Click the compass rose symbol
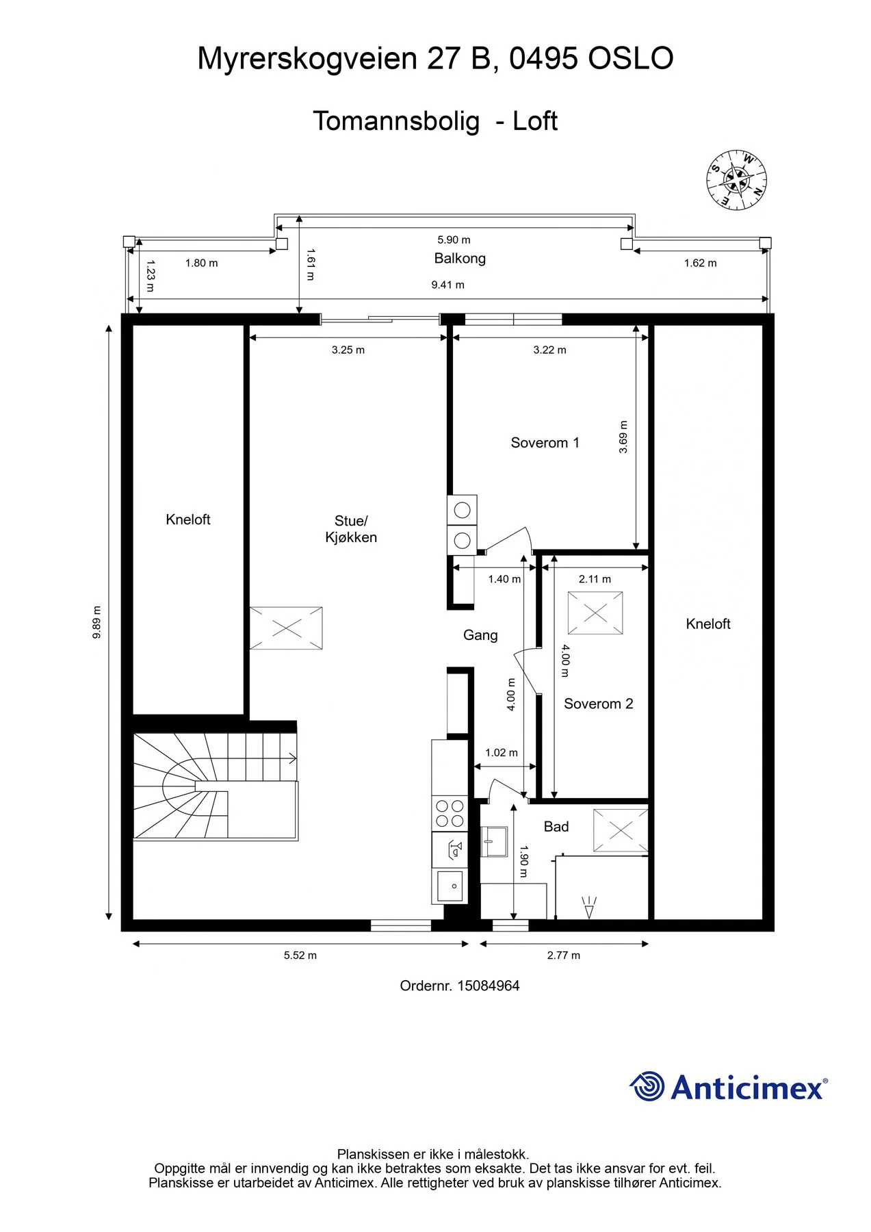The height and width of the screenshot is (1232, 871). (736, 180)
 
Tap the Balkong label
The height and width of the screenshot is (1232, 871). (460, 258)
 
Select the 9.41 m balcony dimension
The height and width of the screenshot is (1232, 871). (447, 285)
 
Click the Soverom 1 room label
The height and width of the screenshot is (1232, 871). (545, 443)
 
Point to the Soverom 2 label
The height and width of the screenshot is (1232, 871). (598, 704)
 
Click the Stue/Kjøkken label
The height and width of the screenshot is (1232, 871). (351, 529)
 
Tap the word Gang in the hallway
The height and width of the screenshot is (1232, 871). (480, 635)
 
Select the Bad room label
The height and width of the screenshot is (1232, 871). (556, 827)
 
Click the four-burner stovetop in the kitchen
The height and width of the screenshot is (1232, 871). (450, 813)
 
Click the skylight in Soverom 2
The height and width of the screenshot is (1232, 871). (595, 613)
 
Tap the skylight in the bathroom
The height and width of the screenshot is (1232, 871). (621, 831)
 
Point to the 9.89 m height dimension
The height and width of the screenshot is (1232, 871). (96, 622)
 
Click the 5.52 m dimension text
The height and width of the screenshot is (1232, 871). (300, 955)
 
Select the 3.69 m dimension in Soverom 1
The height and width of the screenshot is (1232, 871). (623, 437)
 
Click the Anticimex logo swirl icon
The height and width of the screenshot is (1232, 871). (647, 1086)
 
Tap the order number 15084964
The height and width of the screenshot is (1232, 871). (489, 986)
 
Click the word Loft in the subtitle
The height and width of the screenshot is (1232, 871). (535, 121)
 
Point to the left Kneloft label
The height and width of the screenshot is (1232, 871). (188, 519)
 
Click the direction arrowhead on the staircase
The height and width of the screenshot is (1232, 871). (293, 758)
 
